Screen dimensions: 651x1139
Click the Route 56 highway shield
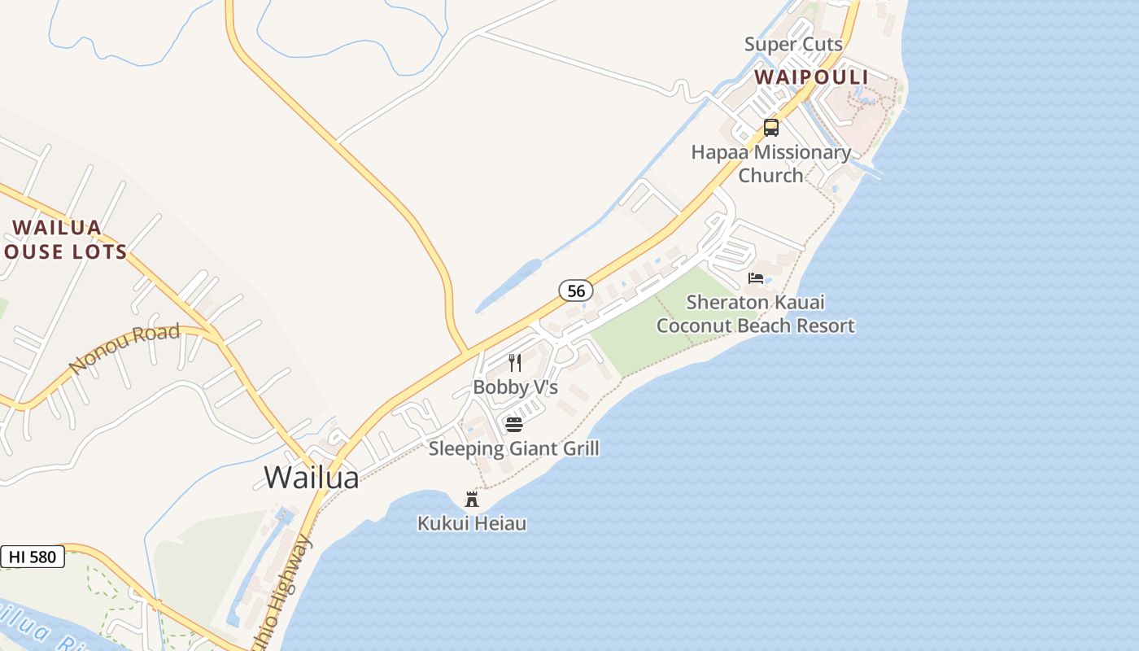coord(575,291)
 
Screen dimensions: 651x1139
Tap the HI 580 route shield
coord(33,557)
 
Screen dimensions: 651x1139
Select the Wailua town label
coord(311,478)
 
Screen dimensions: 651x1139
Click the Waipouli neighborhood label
coord(810,77)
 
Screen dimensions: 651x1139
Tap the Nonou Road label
coord(124,348)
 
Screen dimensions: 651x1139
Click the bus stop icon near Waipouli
coord(770,128)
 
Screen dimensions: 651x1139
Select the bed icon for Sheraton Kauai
coord(756,278)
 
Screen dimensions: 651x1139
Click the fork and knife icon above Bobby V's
coord(514,363)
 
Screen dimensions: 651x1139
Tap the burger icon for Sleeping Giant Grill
coord(513,424)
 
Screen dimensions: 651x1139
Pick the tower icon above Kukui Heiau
coord(471,499)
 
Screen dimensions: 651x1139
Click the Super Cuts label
coord(793,44)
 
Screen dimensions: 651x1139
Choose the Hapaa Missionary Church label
coord(770,164)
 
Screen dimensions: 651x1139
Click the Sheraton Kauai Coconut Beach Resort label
coord(755,314)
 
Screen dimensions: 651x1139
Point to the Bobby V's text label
coord(515,387)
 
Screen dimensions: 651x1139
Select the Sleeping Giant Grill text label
coord(513,448)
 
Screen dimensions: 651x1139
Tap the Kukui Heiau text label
coord(471,523)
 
